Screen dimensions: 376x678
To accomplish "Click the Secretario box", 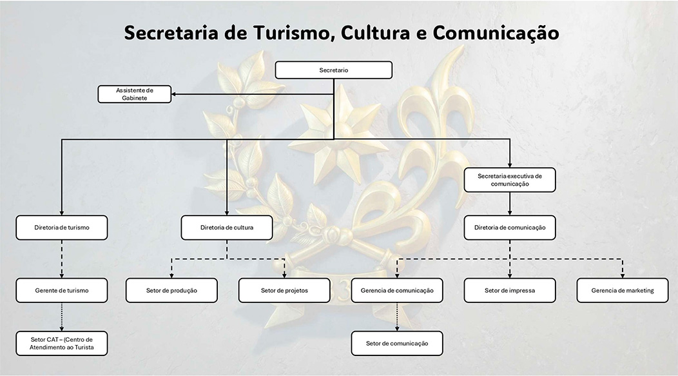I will tap(333, 70).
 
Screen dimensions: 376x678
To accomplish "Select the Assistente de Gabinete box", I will tap(134, 94).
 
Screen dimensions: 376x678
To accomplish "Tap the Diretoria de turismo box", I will tap(61, 228).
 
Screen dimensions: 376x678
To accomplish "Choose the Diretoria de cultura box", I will tap(226, 228).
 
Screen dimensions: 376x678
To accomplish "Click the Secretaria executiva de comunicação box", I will tap(510, 179).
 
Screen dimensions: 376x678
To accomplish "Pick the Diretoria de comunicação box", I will tap(510, 228).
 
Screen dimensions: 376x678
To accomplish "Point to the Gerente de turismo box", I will tap(61, 291).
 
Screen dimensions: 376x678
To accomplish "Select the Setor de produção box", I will tap(171, 291).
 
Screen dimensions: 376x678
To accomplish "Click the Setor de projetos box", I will tap(284, 291).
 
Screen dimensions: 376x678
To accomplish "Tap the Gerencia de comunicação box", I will tap(397, 291).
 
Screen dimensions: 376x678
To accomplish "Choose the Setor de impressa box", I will tap(510, 291).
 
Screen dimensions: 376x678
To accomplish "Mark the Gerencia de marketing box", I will tap(622, 291).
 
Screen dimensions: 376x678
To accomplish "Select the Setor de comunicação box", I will tap(397, 344).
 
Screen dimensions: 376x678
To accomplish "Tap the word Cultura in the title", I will tap(375, 34).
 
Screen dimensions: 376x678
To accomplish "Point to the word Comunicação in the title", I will tap(496, 34).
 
